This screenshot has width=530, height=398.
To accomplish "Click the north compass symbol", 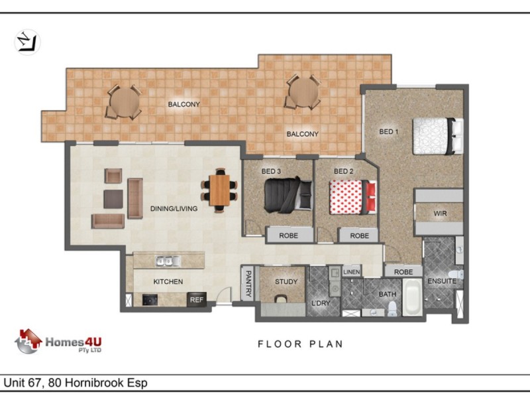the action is (x=27, y=42).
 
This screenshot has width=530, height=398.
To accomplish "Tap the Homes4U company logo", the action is (x=58, y=341).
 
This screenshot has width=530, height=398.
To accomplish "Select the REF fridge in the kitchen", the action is (x=197, y=300).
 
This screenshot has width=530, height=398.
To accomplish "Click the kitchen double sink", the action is (x=168, y=261).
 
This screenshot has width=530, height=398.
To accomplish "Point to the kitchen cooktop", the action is (x=150, y=300).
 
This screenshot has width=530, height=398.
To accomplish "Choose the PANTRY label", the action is (x=248, y=284).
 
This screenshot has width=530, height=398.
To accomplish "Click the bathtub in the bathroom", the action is (x=412, y=297).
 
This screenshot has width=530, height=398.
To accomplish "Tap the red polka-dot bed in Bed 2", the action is (x=353, y=197).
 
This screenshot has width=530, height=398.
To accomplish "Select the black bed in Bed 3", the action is (x=288, y=195).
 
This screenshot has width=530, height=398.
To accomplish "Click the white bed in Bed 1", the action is (x=438, y=136).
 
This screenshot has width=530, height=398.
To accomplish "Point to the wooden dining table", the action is (x=219, y=190).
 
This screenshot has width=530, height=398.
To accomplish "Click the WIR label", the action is (x=440, y=214).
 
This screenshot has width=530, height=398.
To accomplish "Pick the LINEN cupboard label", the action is (x=352, y=272).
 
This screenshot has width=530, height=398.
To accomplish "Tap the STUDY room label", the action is (x=286, y=281).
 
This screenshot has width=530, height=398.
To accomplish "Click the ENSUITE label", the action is (x=442, y=281).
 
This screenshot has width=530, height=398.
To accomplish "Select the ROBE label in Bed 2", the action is (x=359, y=235).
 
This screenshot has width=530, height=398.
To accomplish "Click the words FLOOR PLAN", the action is (x=300, y=344).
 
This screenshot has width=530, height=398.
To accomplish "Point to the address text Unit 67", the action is (x=24, y=383).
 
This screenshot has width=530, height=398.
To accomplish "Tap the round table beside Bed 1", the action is (x=303, y=92).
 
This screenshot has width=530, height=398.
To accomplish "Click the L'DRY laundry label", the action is (x=321, y=303).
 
